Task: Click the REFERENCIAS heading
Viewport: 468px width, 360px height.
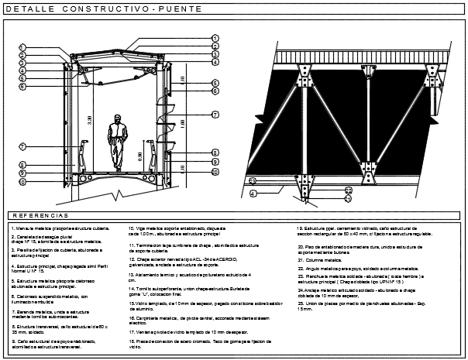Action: [40, 214]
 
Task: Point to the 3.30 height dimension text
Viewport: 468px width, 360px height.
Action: [91, 120]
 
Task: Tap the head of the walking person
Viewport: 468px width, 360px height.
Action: [119, 119]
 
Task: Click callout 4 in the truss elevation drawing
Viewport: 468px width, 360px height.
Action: [253, 194]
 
